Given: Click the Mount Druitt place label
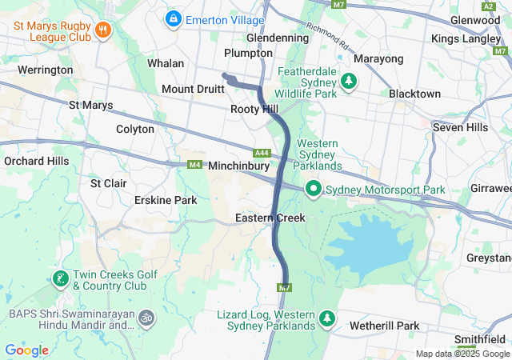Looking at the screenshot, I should tap(193, 89).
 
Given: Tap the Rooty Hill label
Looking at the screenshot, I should tap(254, 108).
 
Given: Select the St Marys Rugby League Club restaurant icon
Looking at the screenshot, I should tap(102, 30).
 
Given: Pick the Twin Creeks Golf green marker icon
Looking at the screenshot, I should tap(60, 278).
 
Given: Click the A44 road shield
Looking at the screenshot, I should tap(262, 152).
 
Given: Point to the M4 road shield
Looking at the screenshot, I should tap(194, 165).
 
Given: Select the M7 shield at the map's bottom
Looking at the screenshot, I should tap(284, 287).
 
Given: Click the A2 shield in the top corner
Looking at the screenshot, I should tap(488, 6).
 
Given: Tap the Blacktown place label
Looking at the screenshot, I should tap(414, 94).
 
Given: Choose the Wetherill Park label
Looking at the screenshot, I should tap(384, 326).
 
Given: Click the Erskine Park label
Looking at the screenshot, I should tap(165, 199).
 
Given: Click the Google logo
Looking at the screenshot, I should tap(26, 350).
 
